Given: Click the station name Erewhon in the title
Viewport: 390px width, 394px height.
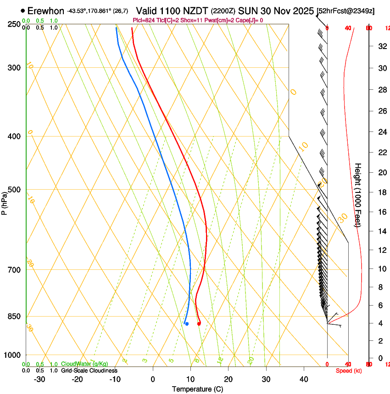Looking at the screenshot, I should click(x=46, y=11).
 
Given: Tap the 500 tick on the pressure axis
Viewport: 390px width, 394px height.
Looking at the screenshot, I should click(x=13, y=190).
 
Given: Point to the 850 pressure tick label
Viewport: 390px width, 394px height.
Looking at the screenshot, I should click(x=13, y=316).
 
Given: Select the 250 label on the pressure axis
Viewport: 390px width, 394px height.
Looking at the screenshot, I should click(x=13, y=24).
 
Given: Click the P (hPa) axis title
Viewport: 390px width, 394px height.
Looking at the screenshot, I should click(x=4, y=201).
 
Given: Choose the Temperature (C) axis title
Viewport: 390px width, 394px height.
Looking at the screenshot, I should click(x=197, y=389).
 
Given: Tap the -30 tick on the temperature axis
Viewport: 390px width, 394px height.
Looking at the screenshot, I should click(x=39, y=379).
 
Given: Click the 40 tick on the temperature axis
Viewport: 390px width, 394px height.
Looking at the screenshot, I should click(x=303, y=379).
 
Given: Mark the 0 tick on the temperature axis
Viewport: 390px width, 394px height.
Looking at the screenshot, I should click(x=153, y=379).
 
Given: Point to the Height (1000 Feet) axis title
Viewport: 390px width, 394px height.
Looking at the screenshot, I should click(x=358, y=195).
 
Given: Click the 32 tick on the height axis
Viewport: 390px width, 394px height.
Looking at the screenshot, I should click(x=381, y=46).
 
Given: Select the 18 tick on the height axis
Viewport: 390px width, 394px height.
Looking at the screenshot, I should click(x=381, y=192).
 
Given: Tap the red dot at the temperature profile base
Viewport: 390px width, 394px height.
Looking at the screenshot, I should click(x=199, y=324).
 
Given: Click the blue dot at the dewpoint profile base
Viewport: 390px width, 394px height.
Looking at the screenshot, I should click(x=187, y=324).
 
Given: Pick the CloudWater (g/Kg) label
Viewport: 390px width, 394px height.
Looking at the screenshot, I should click(x=84, y=364).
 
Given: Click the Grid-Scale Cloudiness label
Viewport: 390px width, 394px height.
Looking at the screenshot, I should click(x=89, y=370).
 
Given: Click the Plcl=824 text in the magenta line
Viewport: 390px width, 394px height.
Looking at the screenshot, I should click(x=143, y=20).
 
